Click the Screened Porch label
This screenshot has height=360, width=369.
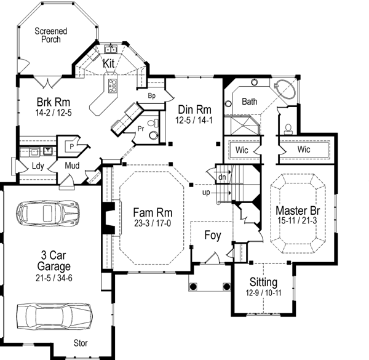(x=50, y=36)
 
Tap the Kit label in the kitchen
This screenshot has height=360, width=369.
(x=109, y=63)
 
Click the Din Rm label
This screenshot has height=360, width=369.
(x=190, y=108)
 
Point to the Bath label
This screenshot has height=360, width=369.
(x=249, y=101)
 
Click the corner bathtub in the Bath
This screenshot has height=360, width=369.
(x=285, y=92)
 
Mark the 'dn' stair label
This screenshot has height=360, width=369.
(x=222, y=177)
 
